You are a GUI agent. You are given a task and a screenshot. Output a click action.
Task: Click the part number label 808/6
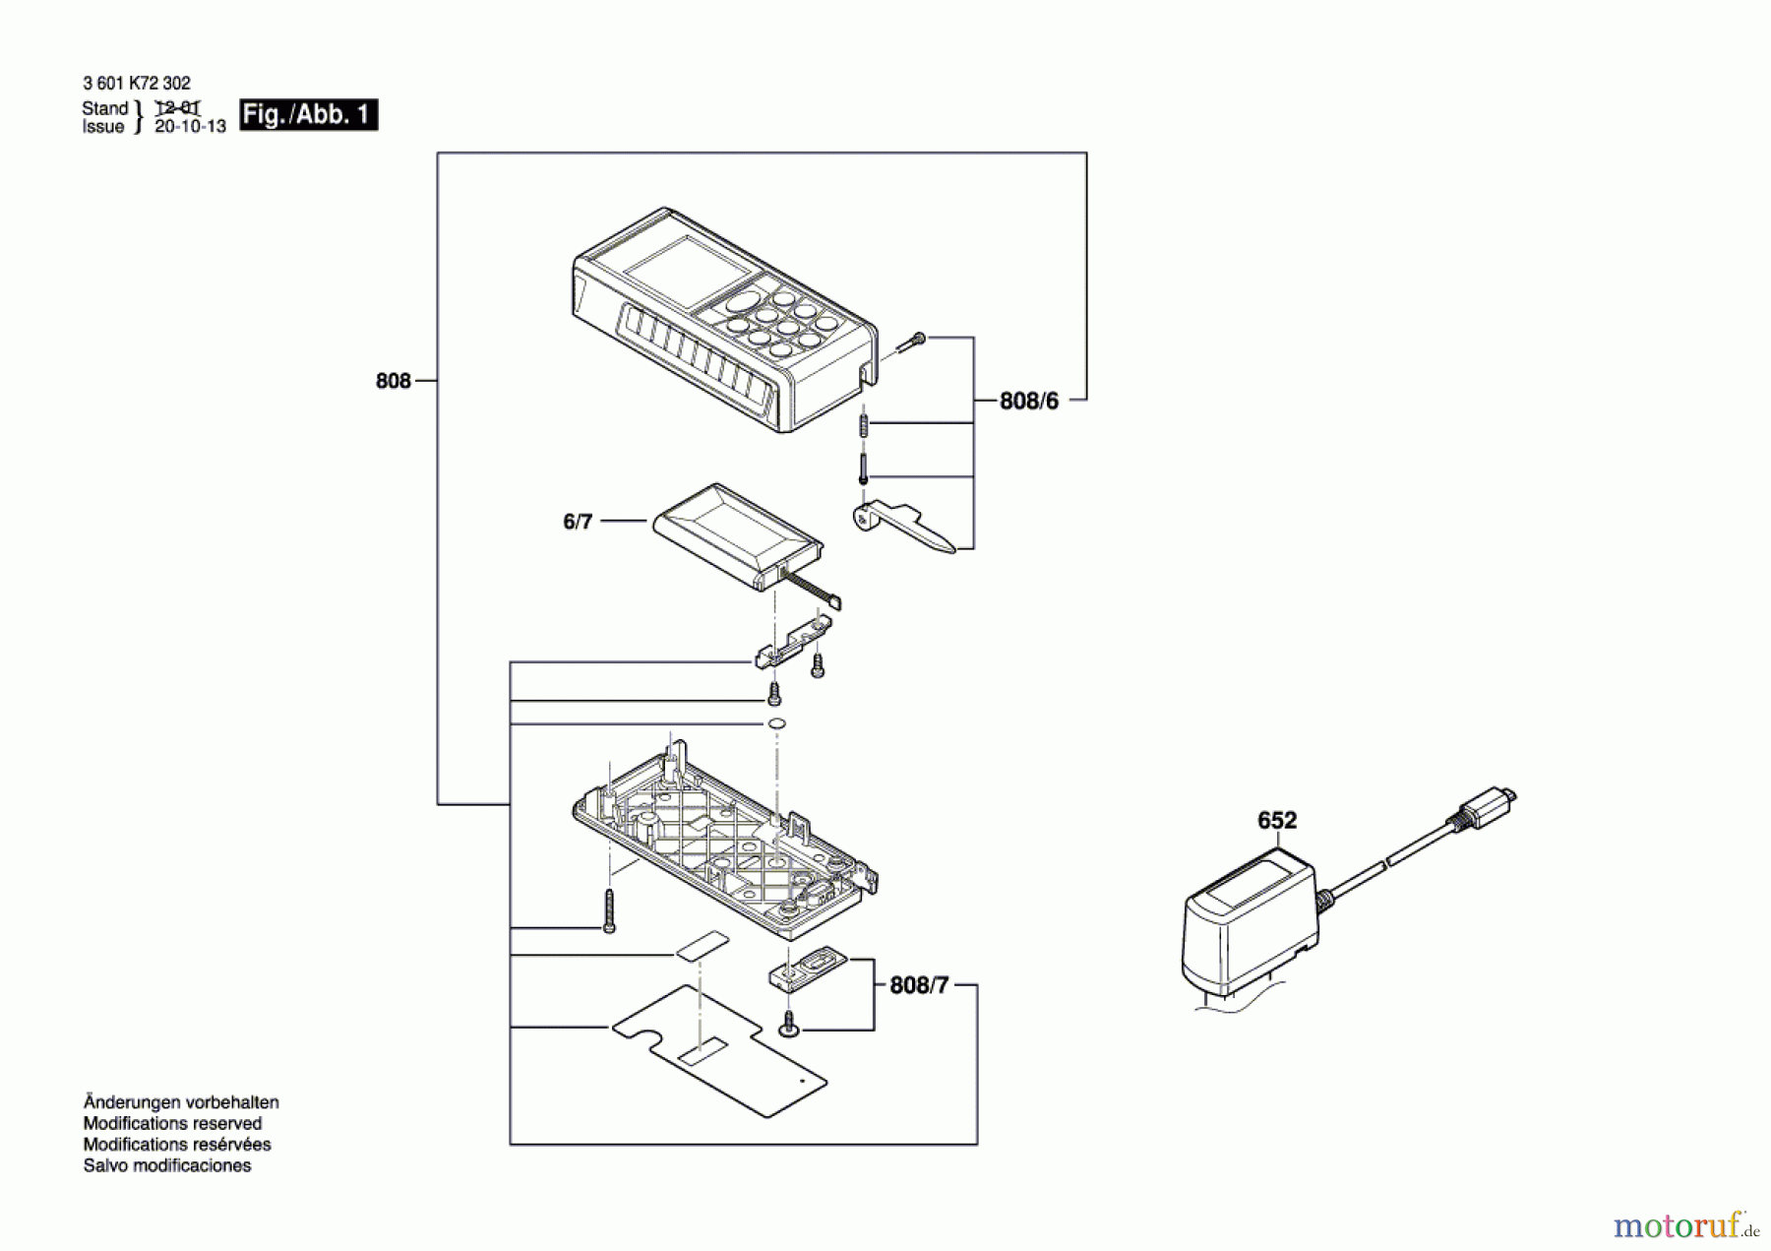coord(1028,401)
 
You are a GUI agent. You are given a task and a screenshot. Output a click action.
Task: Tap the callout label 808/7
coord(919,985)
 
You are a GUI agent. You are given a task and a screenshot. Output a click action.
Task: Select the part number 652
coord(1277,820)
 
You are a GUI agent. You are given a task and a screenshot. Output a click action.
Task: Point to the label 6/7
coord(578,521)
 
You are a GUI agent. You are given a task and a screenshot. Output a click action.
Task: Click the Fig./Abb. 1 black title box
coord(308,115)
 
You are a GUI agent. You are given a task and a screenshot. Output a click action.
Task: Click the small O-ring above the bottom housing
coord(775,724)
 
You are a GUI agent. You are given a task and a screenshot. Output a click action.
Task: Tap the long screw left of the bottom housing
coord(609,910)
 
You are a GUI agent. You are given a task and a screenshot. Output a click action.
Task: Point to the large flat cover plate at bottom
coord(718,1052)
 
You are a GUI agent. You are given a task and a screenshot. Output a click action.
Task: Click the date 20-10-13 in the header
coord(190,127)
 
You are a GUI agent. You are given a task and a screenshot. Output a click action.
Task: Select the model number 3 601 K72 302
coord(137,84)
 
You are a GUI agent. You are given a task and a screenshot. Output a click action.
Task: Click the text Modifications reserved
coord(172,1123)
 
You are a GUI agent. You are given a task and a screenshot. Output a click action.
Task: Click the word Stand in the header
coord(104,108)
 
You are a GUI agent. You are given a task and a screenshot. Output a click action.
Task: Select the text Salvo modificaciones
coord(167,1165)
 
